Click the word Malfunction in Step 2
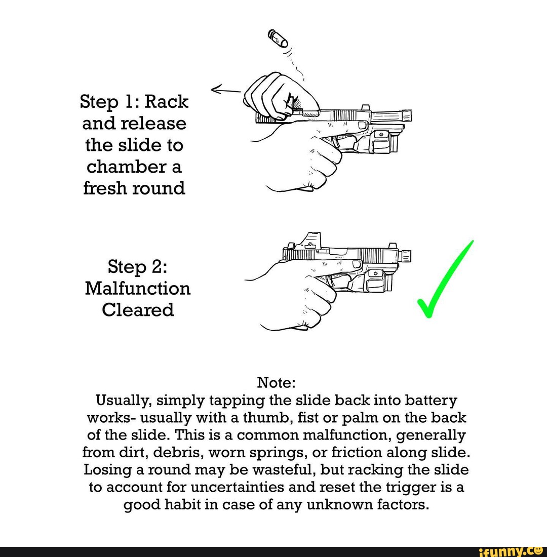point(138,289)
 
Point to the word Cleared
point(138,310)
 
